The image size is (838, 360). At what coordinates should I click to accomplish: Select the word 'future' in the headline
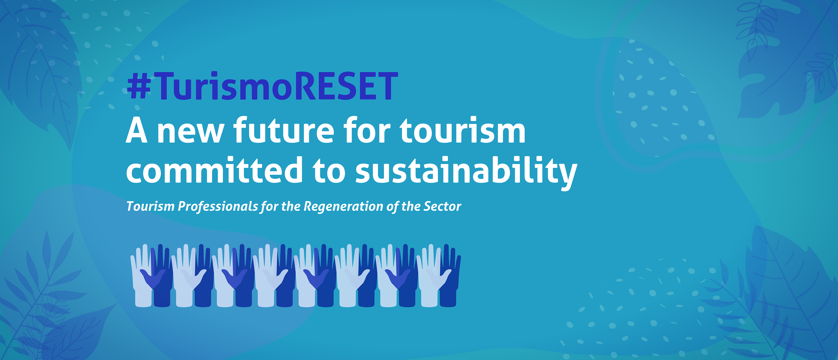pyautogui.click(x=284, y=130)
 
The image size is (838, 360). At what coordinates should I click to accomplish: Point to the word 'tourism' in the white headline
pyautogui.click(x=463, y=130)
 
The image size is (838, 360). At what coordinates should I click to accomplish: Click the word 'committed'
pyautogui.click(x=214, y=169)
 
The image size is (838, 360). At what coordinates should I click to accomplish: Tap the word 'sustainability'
pyautogui.click(x=466, y=172)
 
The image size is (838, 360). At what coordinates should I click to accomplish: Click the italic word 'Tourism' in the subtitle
pyautogui.click(x=150, y=206)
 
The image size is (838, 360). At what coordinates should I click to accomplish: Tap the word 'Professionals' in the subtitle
pyautogui.click(x=218, y=206)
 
